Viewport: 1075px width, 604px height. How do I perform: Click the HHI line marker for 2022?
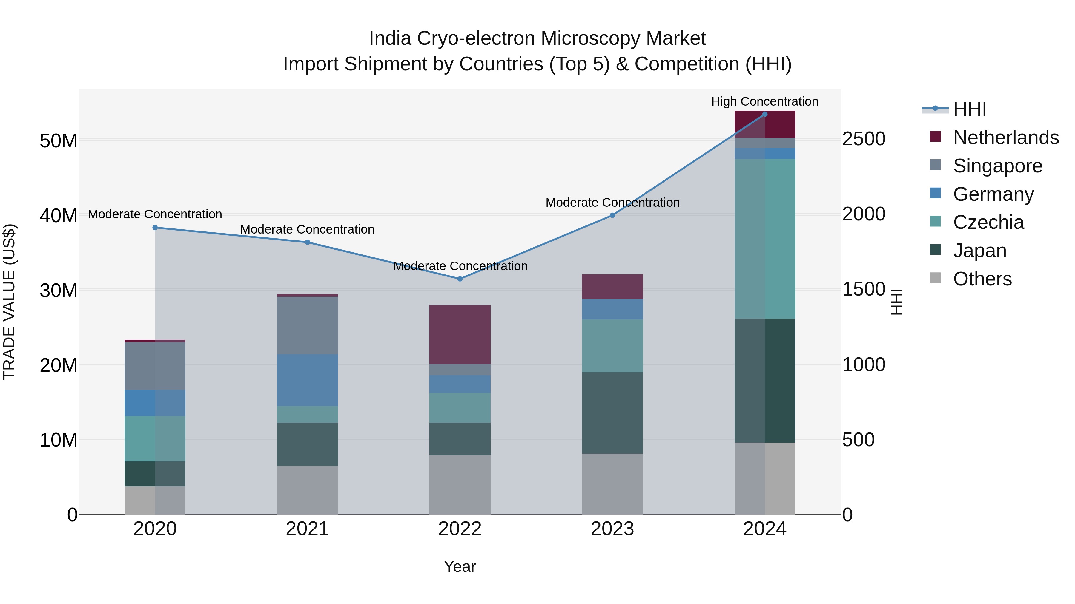(x=460, y=279)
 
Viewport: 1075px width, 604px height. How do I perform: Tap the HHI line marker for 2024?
(x=764, y=114)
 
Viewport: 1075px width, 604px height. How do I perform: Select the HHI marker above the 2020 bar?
(x=155, y=228)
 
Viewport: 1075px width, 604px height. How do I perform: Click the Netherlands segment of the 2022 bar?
(x=460, y=334)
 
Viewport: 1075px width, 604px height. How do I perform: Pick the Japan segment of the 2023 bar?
(x=612, y=413)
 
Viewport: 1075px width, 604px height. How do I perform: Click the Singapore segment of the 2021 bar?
(x=308, y=325)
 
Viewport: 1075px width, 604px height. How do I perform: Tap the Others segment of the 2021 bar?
(x=308, y=490)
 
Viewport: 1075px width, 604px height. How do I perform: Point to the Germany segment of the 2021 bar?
(x=308, y=380)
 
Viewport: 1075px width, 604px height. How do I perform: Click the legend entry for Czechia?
(x=988, y=222)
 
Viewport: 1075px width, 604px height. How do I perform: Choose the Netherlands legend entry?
(x=1006, y=138)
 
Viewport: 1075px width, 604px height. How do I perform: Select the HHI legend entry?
(x=969, y=109)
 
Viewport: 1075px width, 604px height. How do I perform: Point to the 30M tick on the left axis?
(x=59, y=291)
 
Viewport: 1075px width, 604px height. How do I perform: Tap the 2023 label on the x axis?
(x=612, y=529)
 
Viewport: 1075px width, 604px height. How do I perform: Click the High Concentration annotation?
(x=764, y=101)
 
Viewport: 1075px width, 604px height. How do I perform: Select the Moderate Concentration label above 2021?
(x=307, y=229)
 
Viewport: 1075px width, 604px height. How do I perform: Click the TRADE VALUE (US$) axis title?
(x=10, y=302)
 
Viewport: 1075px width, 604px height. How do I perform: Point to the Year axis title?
(x=460, y=566)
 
